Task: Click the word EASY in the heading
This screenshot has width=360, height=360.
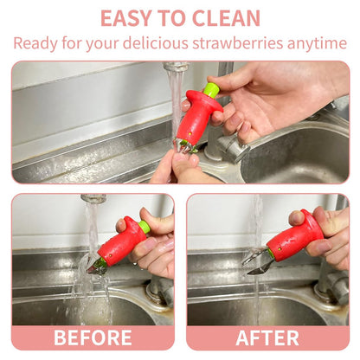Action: pos(125,18)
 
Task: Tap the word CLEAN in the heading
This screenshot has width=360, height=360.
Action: pos(226,18)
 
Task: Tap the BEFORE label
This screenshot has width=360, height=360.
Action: pos(93,337)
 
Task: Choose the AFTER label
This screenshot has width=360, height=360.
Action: pos(267,337)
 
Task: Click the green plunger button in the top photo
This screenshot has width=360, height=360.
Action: pos(212,89)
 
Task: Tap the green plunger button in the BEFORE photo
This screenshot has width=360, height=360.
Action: pos(145,227)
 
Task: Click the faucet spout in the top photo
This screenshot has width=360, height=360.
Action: pos(176,67)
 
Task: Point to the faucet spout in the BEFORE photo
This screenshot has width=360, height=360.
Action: pos(93,198)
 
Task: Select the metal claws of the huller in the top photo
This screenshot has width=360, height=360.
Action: pos(185,146)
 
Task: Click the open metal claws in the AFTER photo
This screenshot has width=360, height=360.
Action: pos(258,262)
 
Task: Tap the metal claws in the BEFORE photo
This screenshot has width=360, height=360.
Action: pos(95,267)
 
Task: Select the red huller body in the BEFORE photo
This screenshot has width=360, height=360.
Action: pos(124,241)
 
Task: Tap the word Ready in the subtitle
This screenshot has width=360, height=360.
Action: pos(35,44)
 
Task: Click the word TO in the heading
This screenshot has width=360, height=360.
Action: pos(172,18)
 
